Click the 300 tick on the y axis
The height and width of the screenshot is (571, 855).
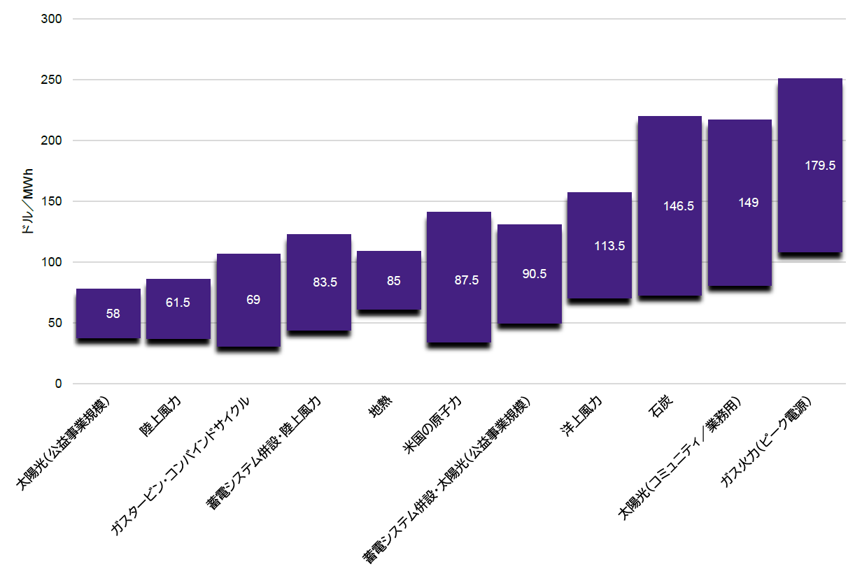[x=53, y=19]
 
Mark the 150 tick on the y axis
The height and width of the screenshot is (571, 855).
[x=53, y=201]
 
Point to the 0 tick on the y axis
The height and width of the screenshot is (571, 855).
[x=58, y=384]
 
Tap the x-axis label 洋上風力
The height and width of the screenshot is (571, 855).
[x=581, y=418]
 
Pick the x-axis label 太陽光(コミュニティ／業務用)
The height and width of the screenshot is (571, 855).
[x=679, y=458]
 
